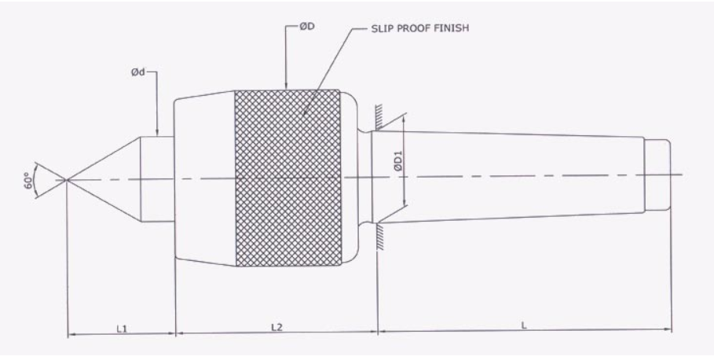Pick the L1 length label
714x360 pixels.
[x=121, y=328]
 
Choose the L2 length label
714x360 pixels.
[x=276, y=328]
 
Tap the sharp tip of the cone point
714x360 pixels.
[x=68, y=180]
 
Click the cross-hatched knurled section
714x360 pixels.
[x=287, y=178]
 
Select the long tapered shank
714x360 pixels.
[x=511, y=176]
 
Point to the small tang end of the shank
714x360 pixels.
[x=657, y=174]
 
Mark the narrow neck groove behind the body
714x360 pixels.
[x=366, y=178]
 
